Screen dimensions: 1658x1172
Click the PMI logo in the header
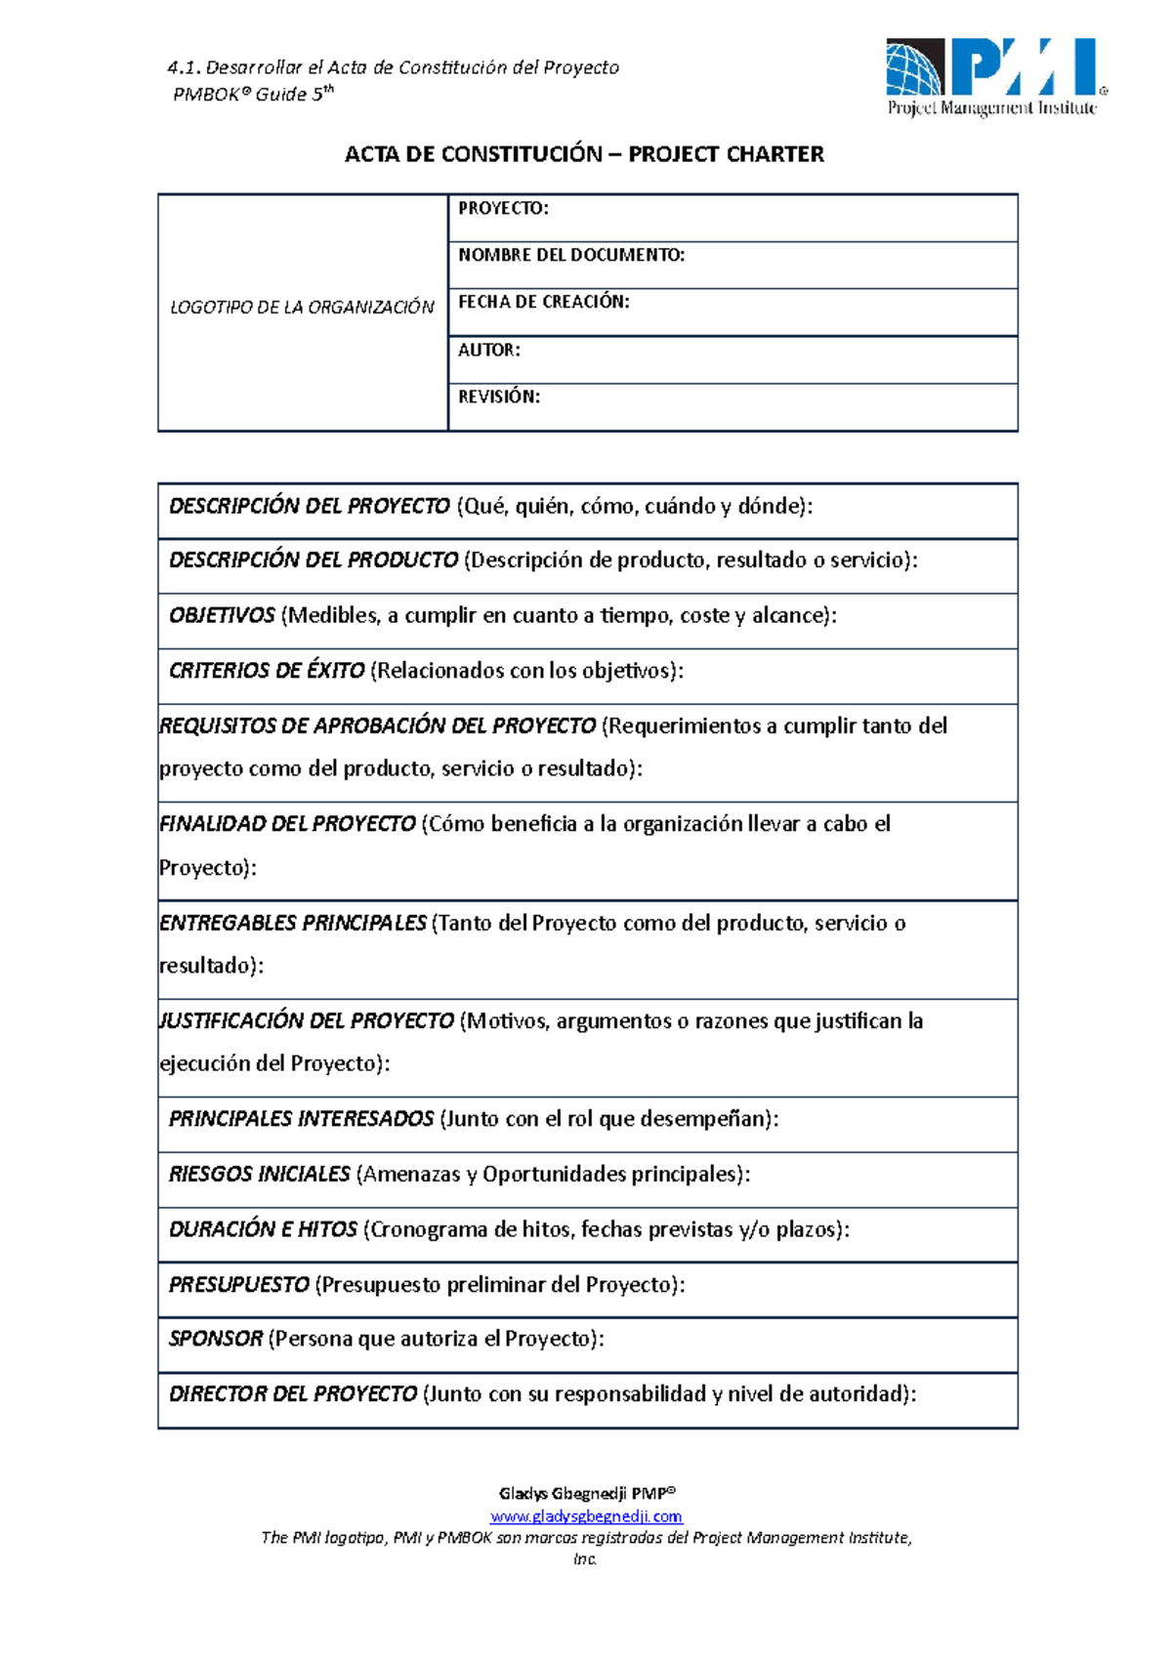(995, 77)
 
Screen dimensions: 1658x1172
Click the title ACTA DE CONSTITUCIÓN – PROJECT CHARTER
(584, 154)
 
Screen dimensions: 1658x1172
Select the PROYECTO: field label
(503, 208)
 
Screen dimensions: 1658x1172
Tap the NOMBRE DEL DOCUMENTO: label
(571, 255)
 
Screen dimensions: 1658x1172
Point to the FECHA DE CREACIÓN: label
(543, 302)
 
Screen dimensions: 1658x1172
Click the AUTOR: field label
(488, 350)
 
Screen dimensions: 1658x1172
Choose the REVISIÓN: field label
(498, 396)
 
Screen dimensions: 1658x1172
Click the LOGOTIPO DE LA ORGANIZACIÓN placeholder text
(302, 308)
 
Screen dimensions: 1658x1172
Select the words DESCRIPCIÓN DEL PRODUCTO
(313, 560)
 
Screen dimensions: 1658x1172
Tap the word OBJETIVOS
(222, 616)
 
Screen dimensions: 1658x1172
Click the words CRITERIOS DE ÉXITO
(266, 671)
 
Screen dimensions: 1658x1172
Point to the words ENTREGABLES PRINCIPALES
(292, 923)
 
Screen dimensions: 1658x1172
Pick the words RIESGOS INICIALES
(259, 1174)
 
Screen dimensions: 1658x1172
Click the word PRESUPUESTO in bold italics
(238, 1285)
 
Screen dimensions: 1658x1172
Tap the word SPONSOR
(215, 1339)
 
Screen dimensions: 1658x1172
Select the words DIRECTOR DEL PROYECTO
(292, 1394)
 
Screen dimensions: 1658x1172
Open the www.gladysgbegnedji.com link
(585, 1516)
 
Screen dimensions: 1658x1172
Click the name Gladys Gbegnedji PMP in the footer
(586, 1494)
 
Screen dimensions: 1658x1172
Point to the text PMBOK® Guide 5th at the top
(253, 94)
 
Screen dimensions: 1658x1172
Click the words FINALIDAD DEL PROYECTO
(287, 824)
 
